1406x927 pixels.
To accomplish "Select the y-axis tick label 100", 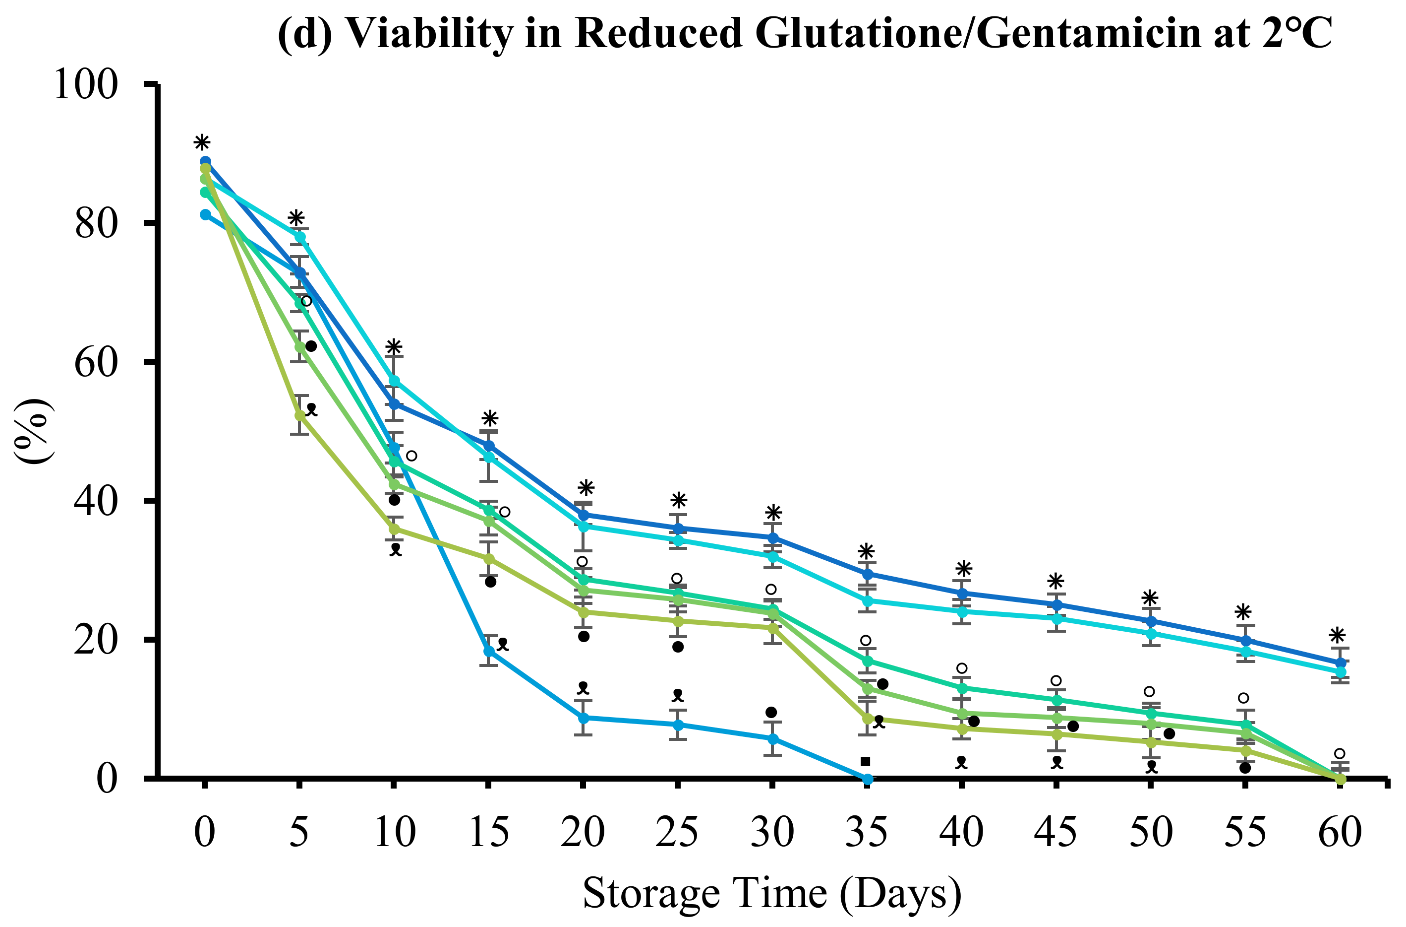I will point(86,84).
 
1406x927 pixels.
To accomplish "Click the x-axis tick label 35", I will point(867,832).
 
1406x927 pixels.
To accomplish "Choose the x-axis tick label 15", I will point(488,832).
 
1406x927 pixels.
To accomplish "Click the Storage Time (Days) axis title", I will point(772,893).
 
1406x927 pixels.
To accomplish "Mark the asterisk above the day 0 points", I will point(202,143).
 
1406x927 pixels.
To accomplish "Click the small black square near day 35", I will point(866,761).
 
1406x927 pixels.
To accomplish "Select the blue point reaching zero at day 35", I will point(867,780).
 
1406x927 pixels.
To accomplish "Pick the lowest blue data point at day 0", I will point(205,214).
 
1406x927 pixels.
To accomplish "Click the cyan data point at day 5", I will point(300,237).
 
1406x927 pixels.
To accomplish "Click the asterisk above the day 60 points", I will point(1338,636).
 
